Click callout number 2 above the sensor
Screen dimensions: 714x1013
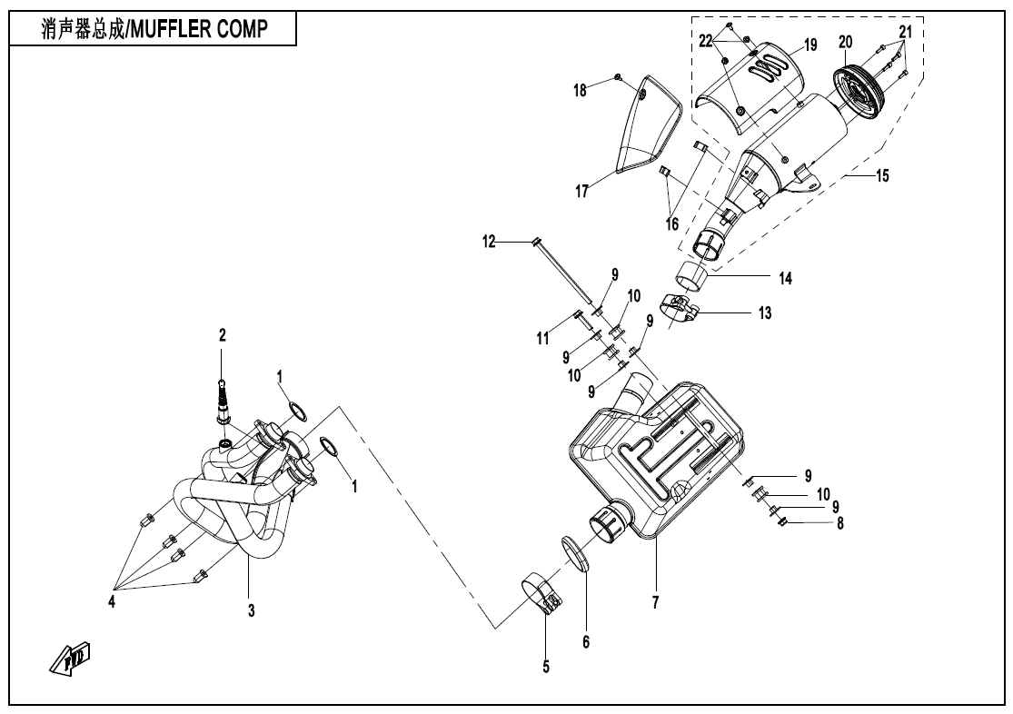coord(222,335)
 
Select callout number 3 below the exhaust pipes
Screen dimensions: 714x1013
coord(252,611)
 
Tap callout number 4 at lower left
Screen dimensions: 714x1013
coord(113,600)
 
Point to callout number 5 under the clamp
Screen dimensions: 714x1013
coord(546,667)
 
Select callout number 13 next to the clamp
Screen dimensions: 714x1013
coord(765,312)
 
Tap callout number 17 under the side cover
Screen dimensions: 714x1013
coord(581,191)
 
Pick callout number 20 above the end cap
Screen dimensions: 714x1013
coord(846,42)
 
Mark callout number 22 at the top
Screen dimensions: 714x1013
coord(706,42)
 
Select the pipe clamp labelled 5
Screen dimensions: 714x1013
coord(543,593)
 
